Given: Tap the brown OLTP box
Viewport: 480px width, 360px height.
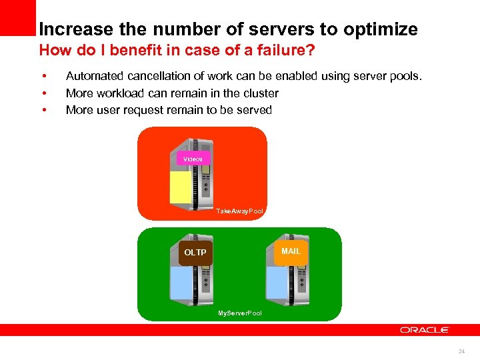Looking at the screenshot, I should coord(195,253).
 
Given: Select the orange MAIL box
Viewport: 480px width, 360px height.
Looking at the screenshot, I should coord(291,251).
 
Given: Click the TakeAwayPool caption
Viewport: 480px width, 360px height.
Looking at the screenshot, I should coord(240,211).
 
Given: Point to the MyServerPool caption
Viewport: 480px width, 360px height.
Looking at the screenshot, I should coord(240,313).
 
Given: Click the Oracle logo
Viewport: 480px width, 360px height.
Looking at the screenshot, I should coord(425,330).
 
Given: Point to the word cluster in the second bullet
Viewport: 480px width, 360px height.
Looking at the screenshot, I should coord(260,93).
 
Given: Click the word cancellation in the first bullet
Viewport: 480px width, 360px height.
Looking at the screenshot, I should coord(156,77).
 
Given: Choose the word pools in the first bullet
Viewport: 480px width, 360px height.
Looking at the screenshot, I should coord(406,77).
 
